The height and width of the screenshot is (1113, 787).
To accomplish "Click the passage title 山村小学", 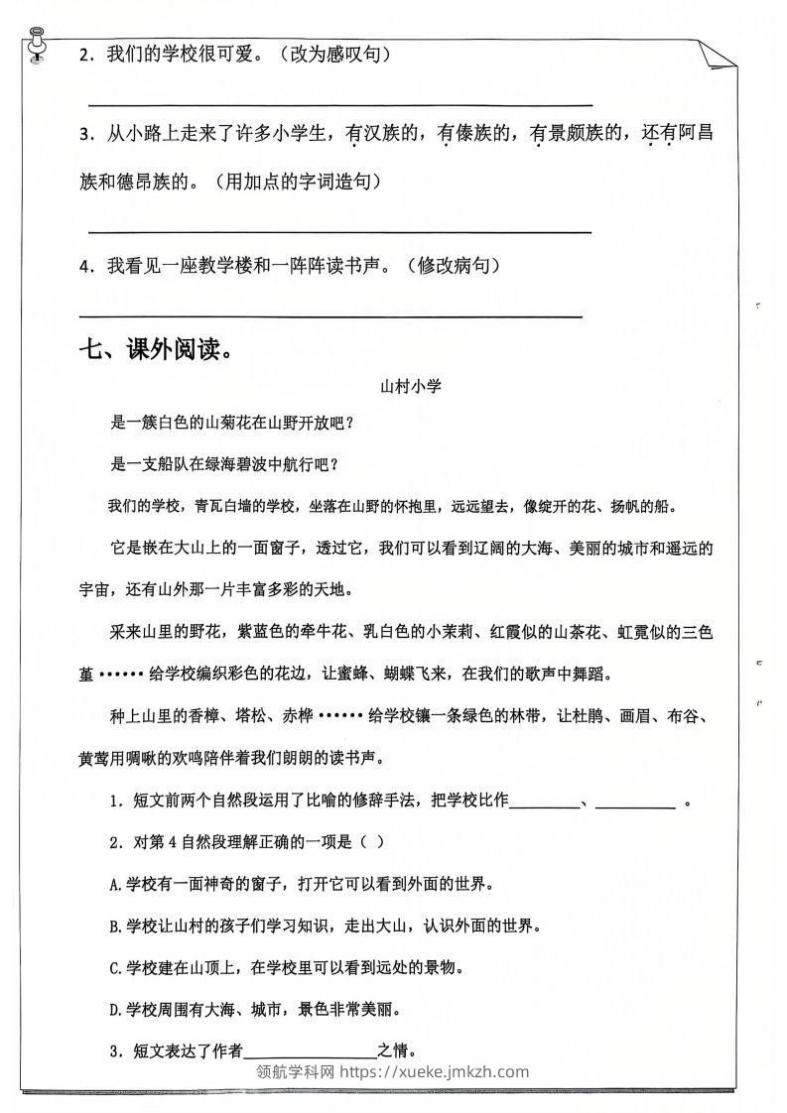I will point(411,388).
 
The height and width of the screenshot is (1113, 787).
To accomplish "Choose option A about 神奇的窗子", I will point(302,882).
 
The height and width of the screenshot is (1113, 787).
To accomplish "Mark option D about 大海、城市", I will point(258,1010).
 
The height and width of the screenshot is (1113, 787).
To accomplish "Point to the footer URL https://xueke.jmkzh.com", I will point(435,1071).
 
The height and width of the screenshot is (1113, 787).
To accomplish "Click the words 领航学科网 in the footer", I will point(296,1071).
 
